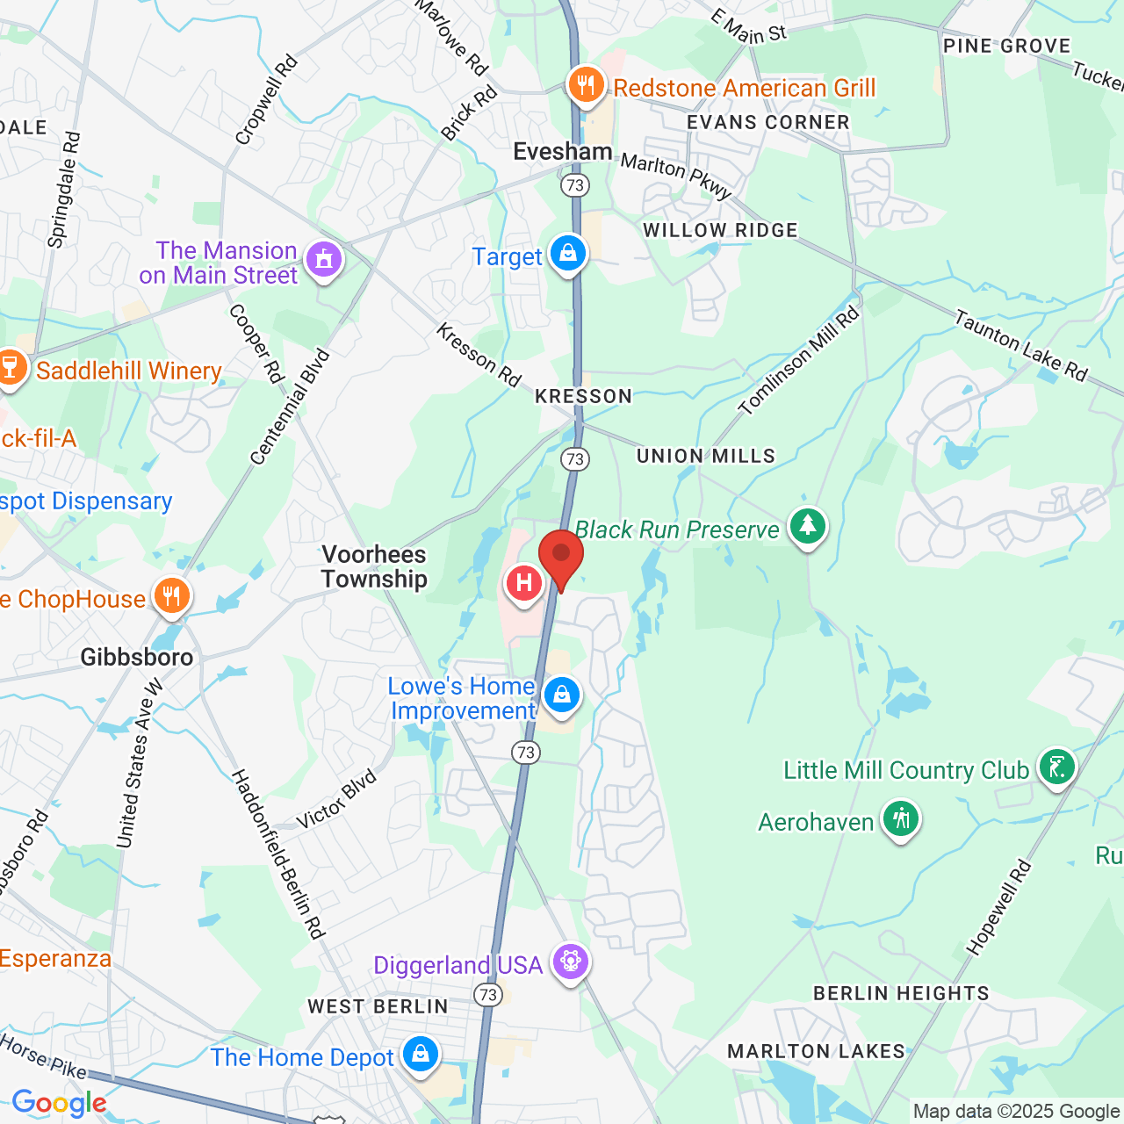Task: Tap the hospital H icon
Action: click(523, 583)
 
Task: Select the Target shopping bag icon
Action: click(568, 254)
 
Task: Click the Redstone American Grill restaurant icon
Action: click(586, 85)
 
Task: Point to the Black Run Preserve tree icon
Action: click(807, 527)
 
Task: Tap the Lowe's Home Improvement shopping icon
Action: click(562, 695)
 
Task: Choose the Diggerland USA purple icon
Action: click(571, 962)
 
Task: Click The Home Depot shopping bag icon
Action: click(421, 1054)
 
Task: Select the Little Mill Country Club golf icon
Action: click(1056, 768)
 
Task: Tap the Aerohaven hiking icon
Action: click(901, 819)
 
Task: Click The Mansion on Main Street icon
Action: click(324, 259)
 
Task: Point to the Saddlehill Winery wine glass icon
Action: click(11, 368)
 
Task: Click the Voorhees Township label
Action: click(374, 566)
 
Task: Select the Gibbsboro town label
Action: click(137, 657)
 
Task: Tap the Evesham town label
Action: click(562, 151)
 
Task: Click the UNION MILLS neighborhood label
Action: click(706, 456)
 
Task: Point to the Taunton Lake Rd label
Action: click(1021, 345)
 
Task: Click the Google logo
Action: click(59, 1103)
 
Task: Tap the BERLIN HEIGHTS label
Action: click(901, 993)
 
